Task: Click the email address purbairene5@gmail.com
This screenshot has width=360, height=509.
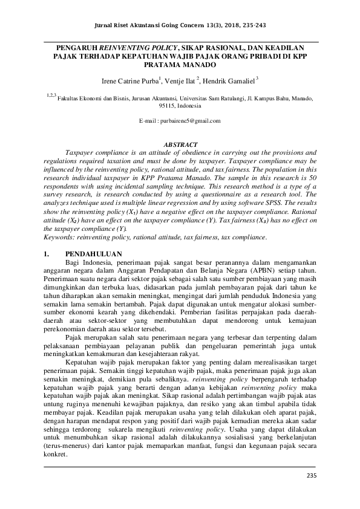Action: [180, 121]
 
